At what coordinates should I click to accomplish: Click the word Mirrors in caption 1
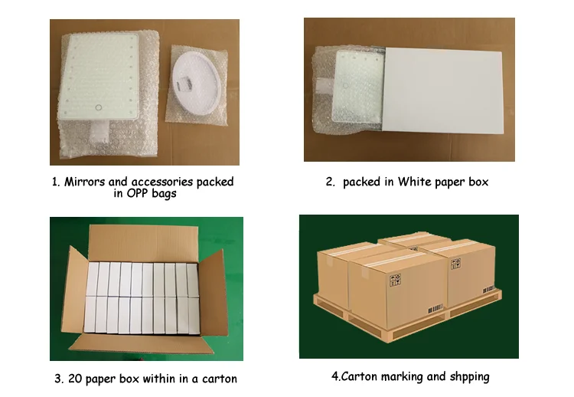86,182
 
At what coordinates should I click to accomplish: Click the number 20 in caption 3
74,379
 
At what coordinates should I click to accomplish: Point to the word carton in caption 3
218,379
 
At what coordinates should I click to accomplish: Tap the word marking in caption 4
399,377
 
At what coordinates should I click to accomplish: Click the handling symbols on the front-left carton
395,281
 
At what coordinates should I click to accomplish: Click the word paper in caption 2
450,182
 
